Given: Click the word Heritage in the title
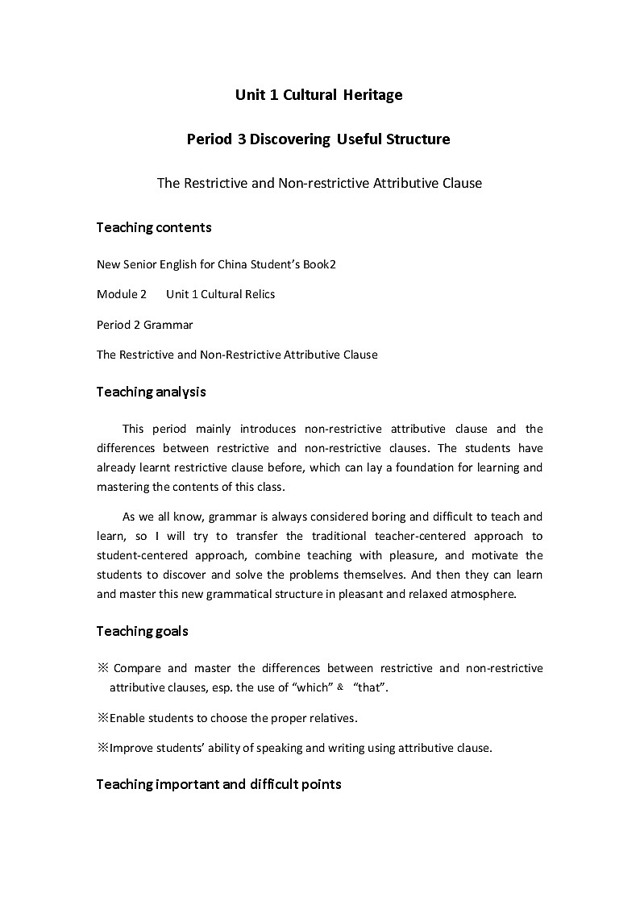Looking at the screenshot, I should (x=373, y=95).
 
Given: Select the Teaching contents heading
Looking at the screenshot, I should (x=154, y=227).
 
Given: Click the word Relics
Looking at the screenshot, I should (x=257, y=294).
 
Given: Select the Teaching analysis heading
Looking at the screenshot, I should (x=152, y=392).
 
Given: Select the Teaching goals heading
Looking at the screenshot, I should (x=143, y=631).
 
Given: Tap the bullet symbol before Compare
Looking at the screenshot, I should (x=102, y=668).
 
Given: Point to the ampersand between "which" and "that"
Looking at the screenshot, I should (x=341, y=687).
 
